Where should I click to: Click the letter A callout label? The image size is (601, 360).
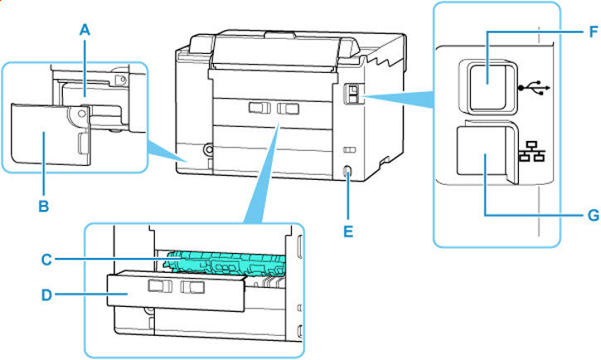(84, 27)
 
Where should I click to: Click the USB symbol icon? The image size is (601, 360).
(531, 86)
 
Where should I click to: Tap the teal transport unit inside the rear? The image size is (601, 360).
(224, 259)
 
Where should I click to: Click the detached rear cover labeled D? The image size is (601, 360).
(174, 295)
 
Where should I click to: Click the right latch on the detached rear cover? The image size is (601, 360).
(191, 288)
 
